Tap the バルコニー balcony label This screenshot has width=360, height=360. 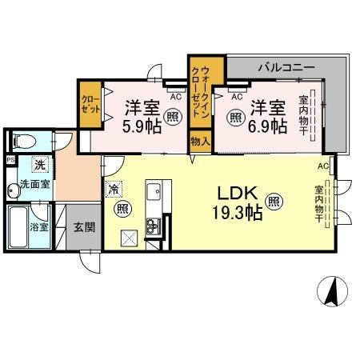(x=286, y=67)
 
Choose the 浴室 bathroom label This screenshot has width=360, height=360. (x=38, y=227)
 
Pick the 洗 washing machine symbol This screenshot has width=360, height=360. (x=38, y=165)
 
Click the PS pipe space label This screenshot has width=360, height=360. (x=10, y=160)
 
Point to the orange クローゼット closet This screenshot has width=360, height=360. (x=89, y=106)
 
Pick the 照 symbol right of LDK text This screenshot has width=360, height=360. (x=274, y=202)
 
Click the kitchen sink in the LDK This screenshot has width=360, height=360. (x=154, y=194)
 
